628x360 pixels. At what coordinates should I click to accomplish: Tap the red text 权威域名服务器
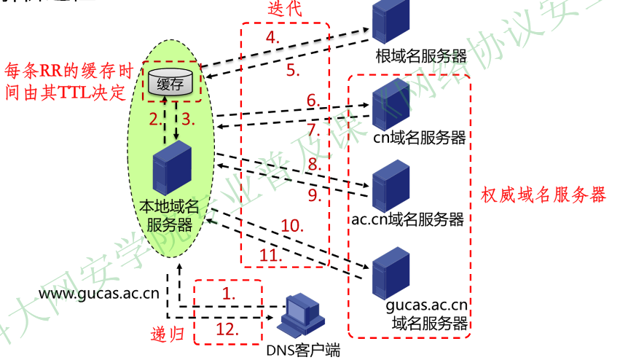543,195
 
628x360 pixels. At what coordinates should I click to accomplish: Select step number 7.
314,130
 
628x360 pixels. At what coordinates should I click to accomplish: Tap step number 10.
291,226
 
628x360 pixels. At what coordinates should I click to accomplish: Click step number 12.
227,330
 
